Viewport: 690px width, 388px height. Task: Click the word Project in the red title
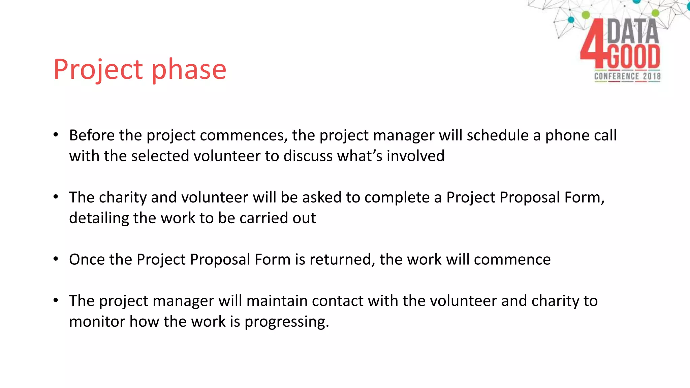98,69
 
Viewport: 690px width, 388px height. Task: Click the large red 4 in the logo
593,44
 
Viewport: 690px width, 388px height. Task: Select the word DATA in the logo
633,31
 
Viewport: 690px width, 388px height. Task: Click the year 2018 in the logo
652,76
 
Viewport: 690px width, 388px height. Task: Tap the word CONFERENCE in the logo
617,76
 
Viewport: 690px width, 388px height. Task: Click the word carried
263,218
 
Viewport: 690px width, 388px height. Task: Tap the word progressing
286,322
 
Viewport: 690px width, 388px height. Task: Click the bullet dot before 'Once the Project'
56,259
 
